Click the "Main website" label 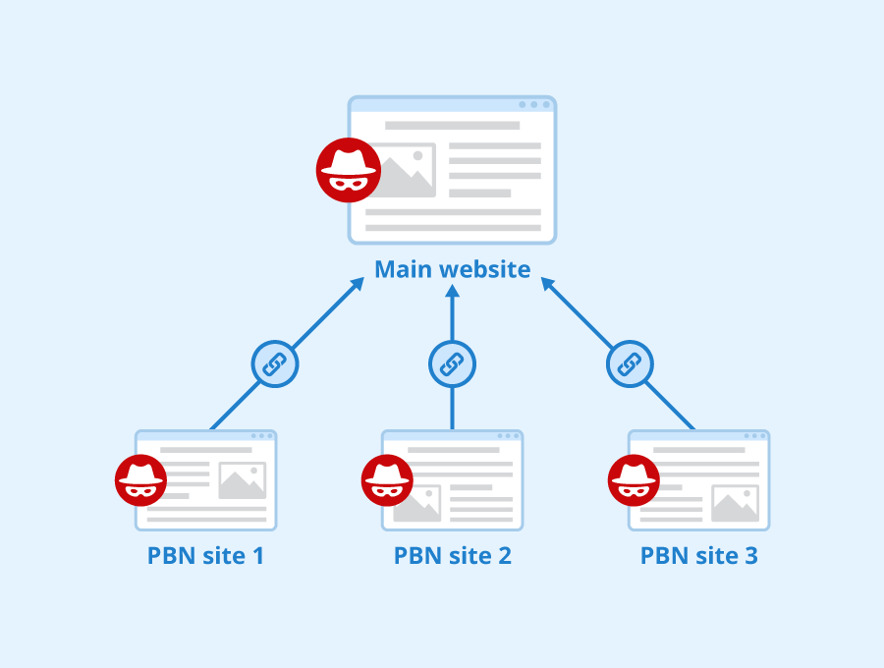click(x=453, y=269)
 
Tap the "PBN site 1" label click(x=206, y=556)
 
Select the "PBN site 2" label click(x=453, y=556)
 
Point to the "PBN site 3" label click(x=699, y=556)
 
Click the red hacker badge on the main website click(x=348, y=170)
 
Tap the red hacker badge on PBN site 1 click(x=140, y=480)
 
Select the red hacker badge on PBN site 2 click(x=387, y=480)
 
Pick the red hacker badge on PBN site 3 click(x=634, y=480)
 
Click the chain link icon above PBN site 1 click(x=275, y=364)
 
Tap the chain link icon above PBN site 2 click(x=453, y=364)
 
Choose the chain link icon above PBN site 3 click(x=630, y=364)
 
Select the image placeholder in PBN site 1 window click(x=243, y=480)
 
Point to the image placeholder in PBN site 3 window click(x=735, y=503)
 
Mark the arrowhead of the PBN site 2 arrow click(x=453, y=292)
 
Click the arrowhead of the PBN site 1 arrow click(x=359, y=286)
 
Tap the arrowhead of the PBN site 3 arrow click(x=547, y=286)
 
